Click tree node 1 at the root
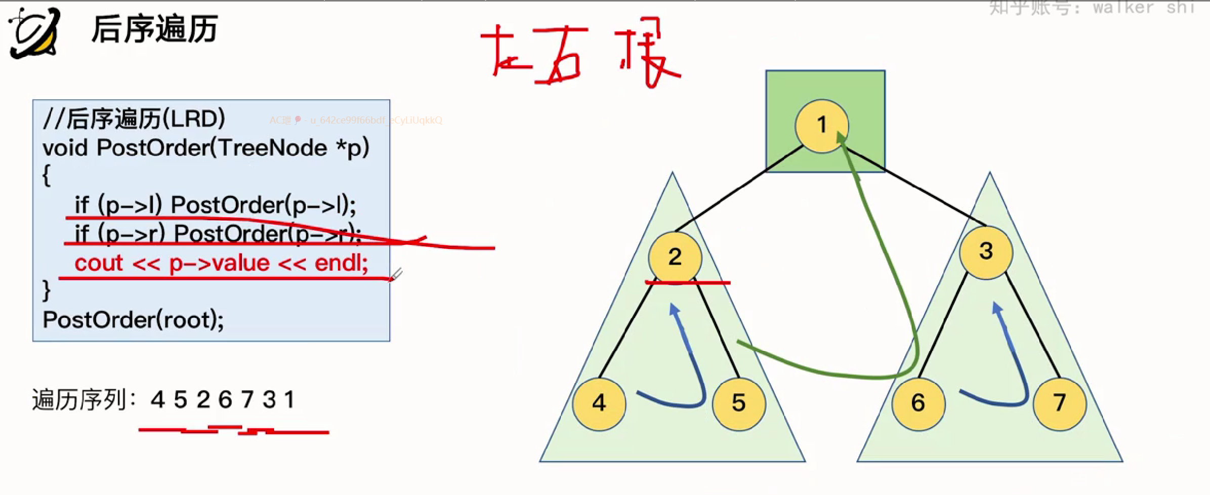(x=822, y=126)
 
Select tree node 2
(x=675, y=257)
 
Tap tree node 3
(x=986, y=252)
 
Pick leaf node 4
(x=599, y=403)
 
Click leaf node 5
(x=739, y=403)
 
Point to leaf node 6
(x=918, y=403)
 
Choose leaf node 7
(x=1059, y=403)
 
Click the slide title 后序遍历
(x=154, y=29)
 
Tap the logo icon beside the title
(x=34, y=33)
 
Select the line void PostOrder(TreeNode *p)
(x=205, y=148)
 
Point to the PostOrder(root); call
(x=133, y=320)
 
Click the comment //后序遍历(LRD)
(x=134, y=119)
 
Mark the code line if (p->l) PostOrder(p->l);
(x=215, y=205)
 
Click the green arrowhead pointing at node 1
(x=841, y=138)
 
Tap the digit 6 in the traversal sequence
(x=225, y=400)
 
